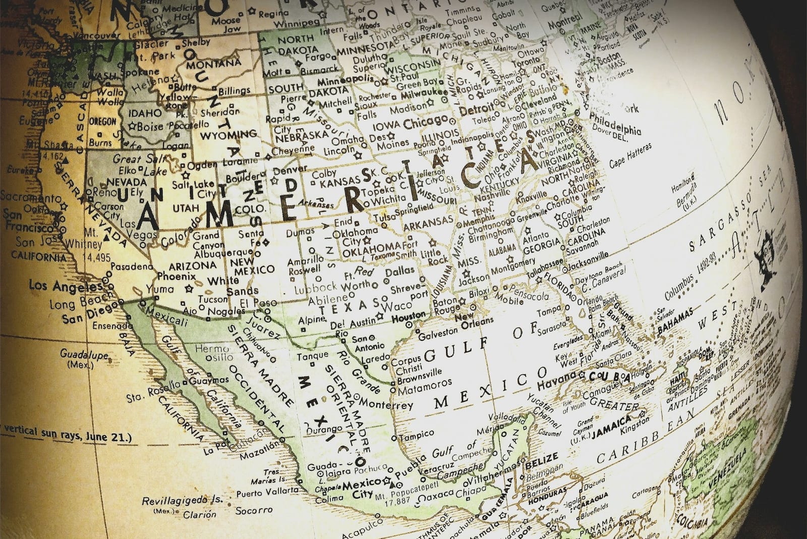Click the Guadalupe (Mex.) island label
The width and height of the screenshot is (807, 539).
tap(84, 357)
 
